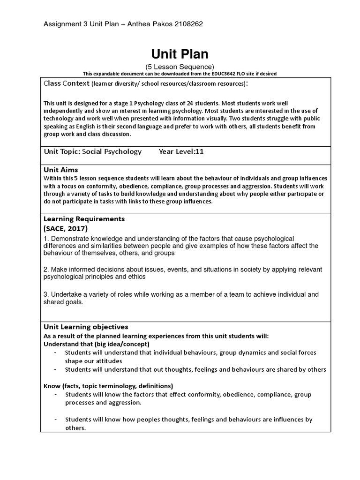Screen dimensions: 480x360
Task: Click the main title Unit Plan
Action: (180, 54)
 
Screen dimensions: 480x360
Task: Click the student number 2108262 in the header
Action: (187, 24)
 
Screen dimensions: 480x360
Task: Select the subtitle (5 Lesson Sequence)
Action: (180, 67)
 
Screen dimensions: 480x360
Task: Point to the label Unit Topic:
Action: (62, 151)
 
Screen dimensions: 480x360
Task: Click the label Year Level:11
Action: (181, 151)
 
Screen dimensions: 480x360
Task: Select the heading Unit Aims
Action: (60, 170)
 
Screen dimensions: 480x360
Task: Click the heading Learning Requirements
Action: (84, 219)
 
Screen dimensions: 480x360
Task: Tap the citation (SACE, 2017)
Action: (66, 228)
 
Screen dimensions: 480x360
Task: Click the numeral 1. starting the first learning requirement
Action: (46, 239)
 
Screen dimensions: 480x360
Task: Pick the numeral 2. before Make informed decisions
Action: (46, 270)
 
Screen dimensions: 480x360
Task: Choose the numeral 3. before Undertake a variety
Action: (46, 294)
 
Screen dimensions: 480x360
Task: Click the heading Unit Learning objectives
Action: (86, 327)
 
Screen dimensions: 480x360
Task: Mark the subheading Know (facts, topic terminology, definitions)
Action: (108, 386)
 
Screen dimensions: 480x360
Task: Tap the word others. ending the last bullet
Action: (75, 428)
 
